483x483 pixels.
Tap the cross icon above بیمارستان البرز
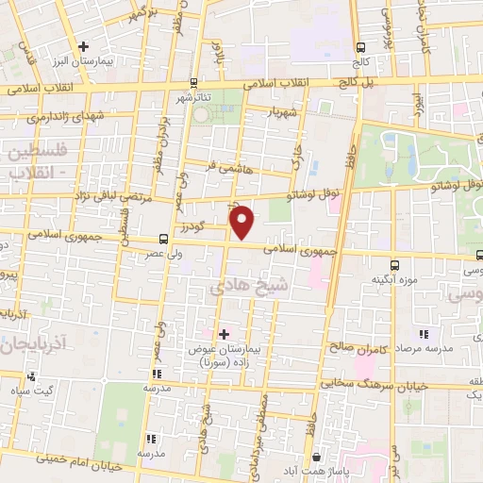[84, 45]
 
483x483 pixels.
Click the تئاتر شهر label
[202, 96]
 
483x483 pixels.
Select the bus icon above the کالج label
[359, 48]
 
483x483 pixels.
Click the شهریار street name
[282, 112]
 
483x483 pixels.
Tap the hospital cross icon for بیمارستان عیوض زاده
[224, 334]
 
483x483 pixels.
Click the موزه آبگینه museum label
[394, 279]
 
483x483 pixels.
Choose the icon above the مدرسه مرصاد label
[424, 334]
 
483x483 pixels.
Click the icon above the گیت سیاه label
[32, 377]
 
